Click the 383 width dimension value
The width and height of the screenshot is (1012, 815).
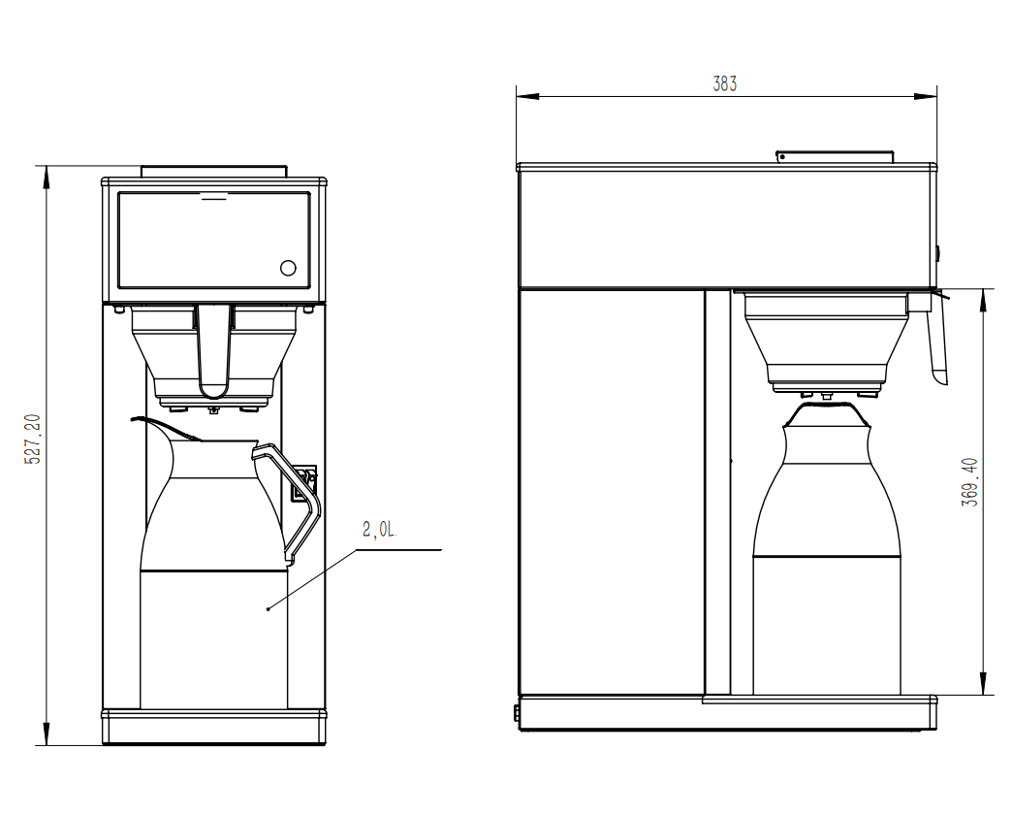(725, 83)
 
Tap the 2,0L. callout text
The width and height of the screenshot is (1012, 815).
(380, 530)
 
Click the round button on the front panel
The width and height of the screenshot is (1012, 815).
(288, 268)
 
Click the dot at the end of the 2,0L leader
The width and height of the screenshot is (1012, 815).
(269, 608)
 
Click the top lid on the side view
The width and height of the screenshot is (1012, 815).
(835, 156)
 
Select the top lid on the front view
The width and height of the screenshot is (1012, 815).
(213, 171)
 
